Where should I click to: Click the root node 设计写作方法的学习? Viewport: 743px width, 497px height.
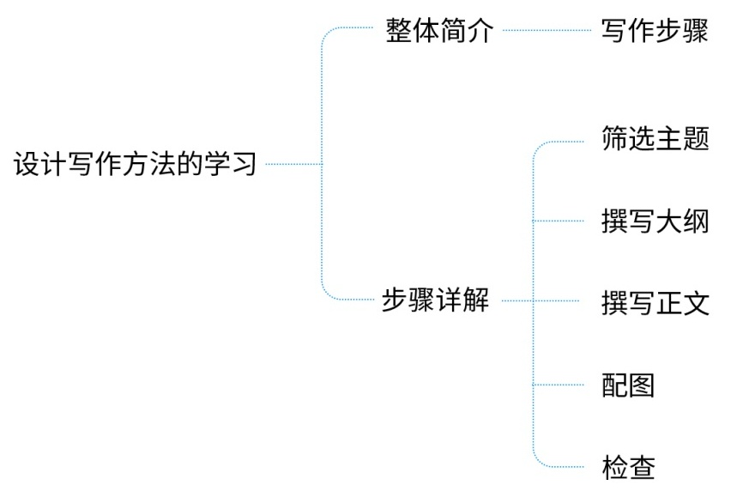(x=136, y=163)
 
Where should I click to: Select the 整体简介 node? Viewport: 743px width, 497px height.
(x=439, y=32)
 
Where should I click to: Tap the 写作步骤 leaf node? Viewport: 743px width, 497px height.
(x=655, y=32)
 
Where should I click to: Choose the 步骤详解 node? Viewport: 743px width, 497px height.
(x=435, y=301)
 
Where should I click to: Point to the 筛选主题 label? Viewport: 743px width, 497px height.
(x=655, y=138)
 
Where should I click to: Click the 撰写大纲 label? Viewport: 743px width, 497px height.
(x=655, y=221)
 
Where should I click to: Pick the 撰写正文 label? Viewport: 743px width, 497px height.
(x=655, y=303)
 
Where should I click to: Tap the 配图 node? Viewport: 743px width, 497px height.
(x=628, y=385)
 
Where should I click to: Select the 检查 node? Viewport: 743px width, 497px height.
(x=628, y=468)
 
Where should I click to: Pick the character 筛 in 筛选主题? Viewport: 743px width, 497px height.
(x=615, y=138)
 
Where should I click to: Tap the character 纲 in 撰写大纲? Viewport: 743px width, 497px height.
(x=696, y=221)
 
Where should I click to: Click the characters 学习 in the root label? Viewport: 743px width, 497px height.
(x=229, y=163)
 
